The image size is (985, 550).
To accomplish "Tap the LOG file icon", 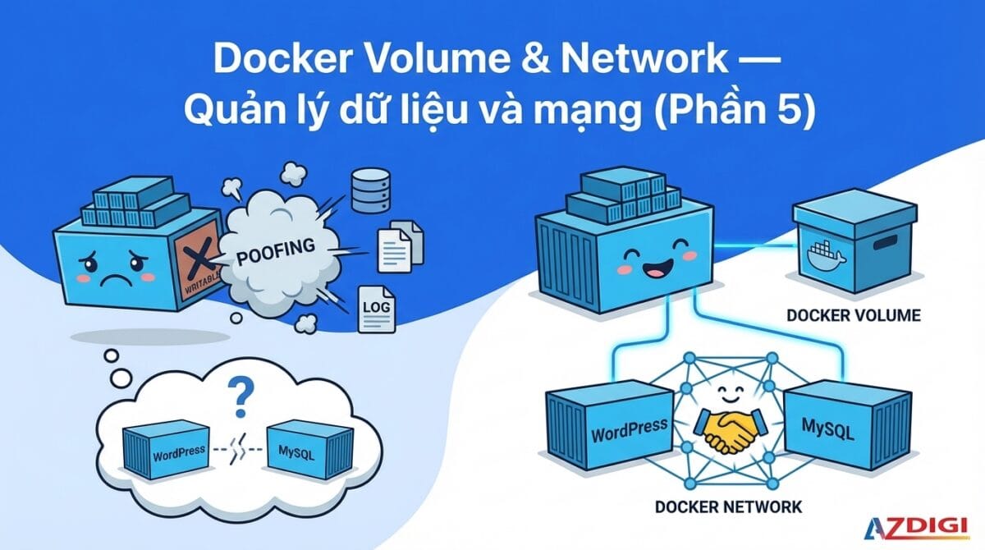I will pos(376,309).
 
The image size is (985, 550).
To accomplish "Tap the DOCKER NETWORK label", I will pos(728,506).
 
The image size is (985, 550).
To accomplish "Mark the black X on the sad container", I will pos(197,261).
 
